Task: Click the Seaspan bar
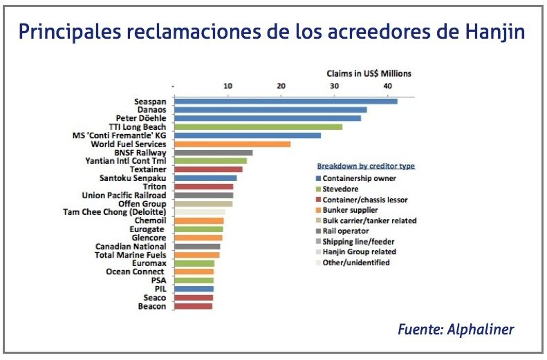coord(286,102)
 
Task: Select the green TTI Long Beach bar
coord(258,127)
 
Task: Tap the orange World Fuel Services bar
coord(232,144)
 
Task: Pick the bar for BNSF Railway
coord(213,153)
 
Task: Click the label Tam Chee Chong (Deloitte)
coord(114,212)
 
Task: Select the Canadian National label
coord(131,246)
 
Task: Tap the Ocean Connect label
coord(136,272)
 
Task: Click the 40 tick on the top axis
coord(388,86)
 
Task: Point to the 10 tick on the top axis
coord(228,86)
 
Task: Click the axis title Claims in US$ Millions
coord(369,73)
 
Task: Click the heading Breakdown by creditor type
coord(366,166)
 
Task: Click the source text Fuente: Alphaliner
coord(456,330)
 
